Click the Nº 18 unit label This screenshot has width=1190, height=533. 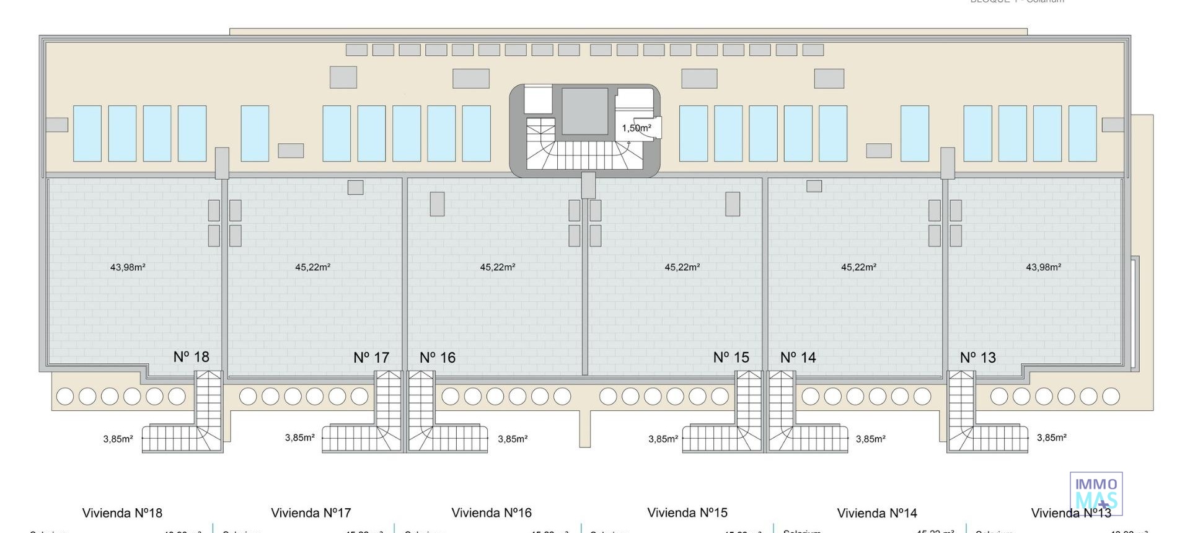[191, 357]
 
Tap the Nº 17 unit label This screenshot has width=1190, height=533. [371, 358]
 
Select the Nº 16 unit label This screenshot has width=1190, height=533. [438, 358]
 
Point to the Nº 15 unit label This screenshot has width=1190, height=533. [731, 358]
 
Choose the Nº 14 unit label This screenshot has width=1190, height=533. [798, 358]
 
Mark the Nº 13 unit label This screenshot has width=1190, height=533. [978, 358]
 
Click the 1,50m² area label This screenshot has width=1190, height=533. [637, 128]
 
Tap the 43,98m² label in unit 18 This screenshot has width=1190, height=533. [128, 267]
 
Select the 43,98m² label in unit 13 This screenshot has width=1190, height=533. [1043, 267]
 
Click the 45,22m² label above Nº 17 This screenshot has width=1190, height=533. [312, 267]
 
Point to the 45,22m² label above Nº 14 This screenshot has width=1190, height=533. [858, 267]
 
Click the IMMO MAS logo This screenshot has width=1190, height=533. [1096, 494]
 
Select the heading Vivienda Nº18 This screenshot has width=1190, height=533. [122, 513]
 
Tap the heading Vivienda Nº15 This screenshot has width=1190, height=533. [687, 513]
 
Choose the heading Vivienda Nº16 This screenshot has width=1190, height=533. [491, 513]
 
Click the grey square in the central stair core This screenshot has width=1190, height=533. [584, 111]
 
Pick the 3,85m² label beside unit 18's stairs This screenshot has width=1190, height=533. [118, 439]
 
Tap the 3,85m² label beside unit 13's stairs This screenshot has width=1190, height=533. [1052, 438]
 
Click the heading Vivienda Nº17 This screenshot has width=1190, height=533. [311, 513]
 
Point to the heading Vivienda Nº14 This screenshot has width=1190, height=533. [877, 513]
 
